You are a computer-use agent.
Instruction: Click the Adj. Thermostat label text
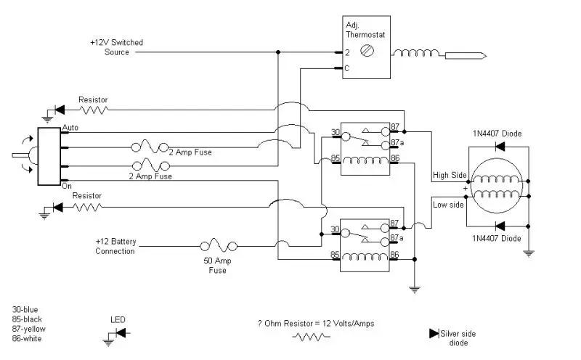pyautogui.click(x=365, y=30)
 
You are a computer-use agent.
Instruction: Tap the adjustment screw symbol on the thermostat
pyautogui.click(x=367, y=51)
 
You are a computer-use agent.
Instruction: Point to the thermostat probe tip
pyautogui.click(x=486, y=57)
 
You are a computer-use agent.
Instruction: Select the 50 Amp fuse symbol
pyautogui.click(x=219, y=246)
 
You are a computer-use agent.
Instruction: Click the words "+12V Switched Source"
pyautogui.click(x=116, y=47)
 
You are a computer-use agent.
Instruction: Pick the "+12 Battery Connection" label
pyautogui.click(x=116, y=246)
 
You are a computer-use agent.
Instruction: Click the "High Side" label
pyautogui.click(x=450, y=175)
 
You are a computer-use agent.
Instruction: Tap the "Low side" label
pyautogui.click(x=448, y=205)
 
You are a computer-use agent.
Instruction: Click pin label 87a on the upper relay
pyautogui.click(x=397, y=142)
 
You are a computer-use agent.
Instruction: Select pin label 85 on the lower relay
pyautogui.click(x=335, y=255)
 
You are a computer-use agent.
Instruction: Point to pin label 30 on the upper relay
pyautogui.click(x=336, y=132)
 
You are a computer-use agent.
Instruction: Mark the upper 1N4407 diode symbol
pyautogui.click(x=500, y=147)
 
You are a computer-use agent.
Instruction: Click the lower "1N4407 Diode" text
pyautogui.click(x=497, y=238)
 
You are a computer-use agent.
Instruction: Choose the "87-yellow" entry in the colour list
pyautogui.click(x=28, y=329)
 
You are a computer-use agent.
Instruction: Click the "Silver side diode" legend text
pyautogui.click(x=458, y=338)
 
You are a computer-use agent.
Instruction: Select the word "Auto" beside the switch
pyautogui.click(x=70, y=128)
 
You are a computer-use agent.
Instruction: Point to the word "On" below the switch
pyautogui.click(x=67, y=186)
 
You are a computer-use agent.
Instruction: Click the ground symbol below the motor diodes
pyautogui.click(x=529, y=254)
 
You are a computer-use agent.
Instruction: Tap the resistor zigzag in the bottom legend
pyautogui.click(x=312, y=337)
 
